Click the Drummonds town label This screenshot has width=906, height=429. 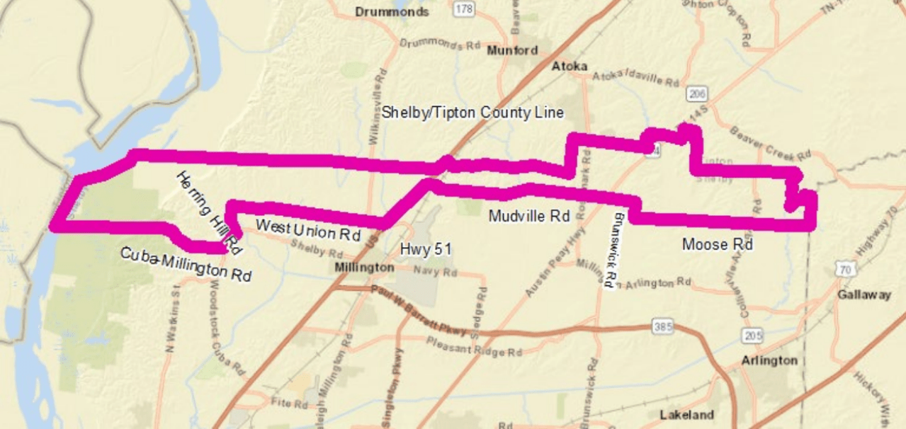(x=392, y=12)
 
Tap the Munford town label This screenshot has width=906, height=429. (x=512, y=50)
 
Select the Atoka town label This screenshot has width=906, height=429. (x=570, y=66)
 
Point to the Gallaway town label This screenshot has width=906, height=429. (x=863, y=294)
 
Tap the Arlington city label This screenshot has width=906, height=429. (x=769, y=360)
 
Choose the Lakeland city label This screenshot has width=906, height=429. (x=686, y=414)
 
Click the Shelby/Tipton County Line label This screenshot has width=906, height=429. (x=472, y=113)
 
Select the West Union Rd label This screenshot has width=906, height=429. (x=308, y=229)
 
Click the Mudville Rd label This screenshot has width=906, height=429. (x=529, y=217)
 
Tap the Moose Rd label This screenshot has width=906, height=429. (x=717, y=244)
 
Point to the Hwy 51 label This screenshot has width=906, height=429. (x=426, y=249)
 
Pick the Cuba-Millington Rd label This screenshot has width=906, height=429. (x=186, y=265)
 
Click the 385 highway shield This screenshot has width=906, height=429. (x=662, y=328)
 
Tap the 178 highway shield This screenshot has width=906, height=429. (x=465, y=9)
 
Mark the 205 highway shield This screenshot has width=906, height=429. (x=752, y=334)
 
